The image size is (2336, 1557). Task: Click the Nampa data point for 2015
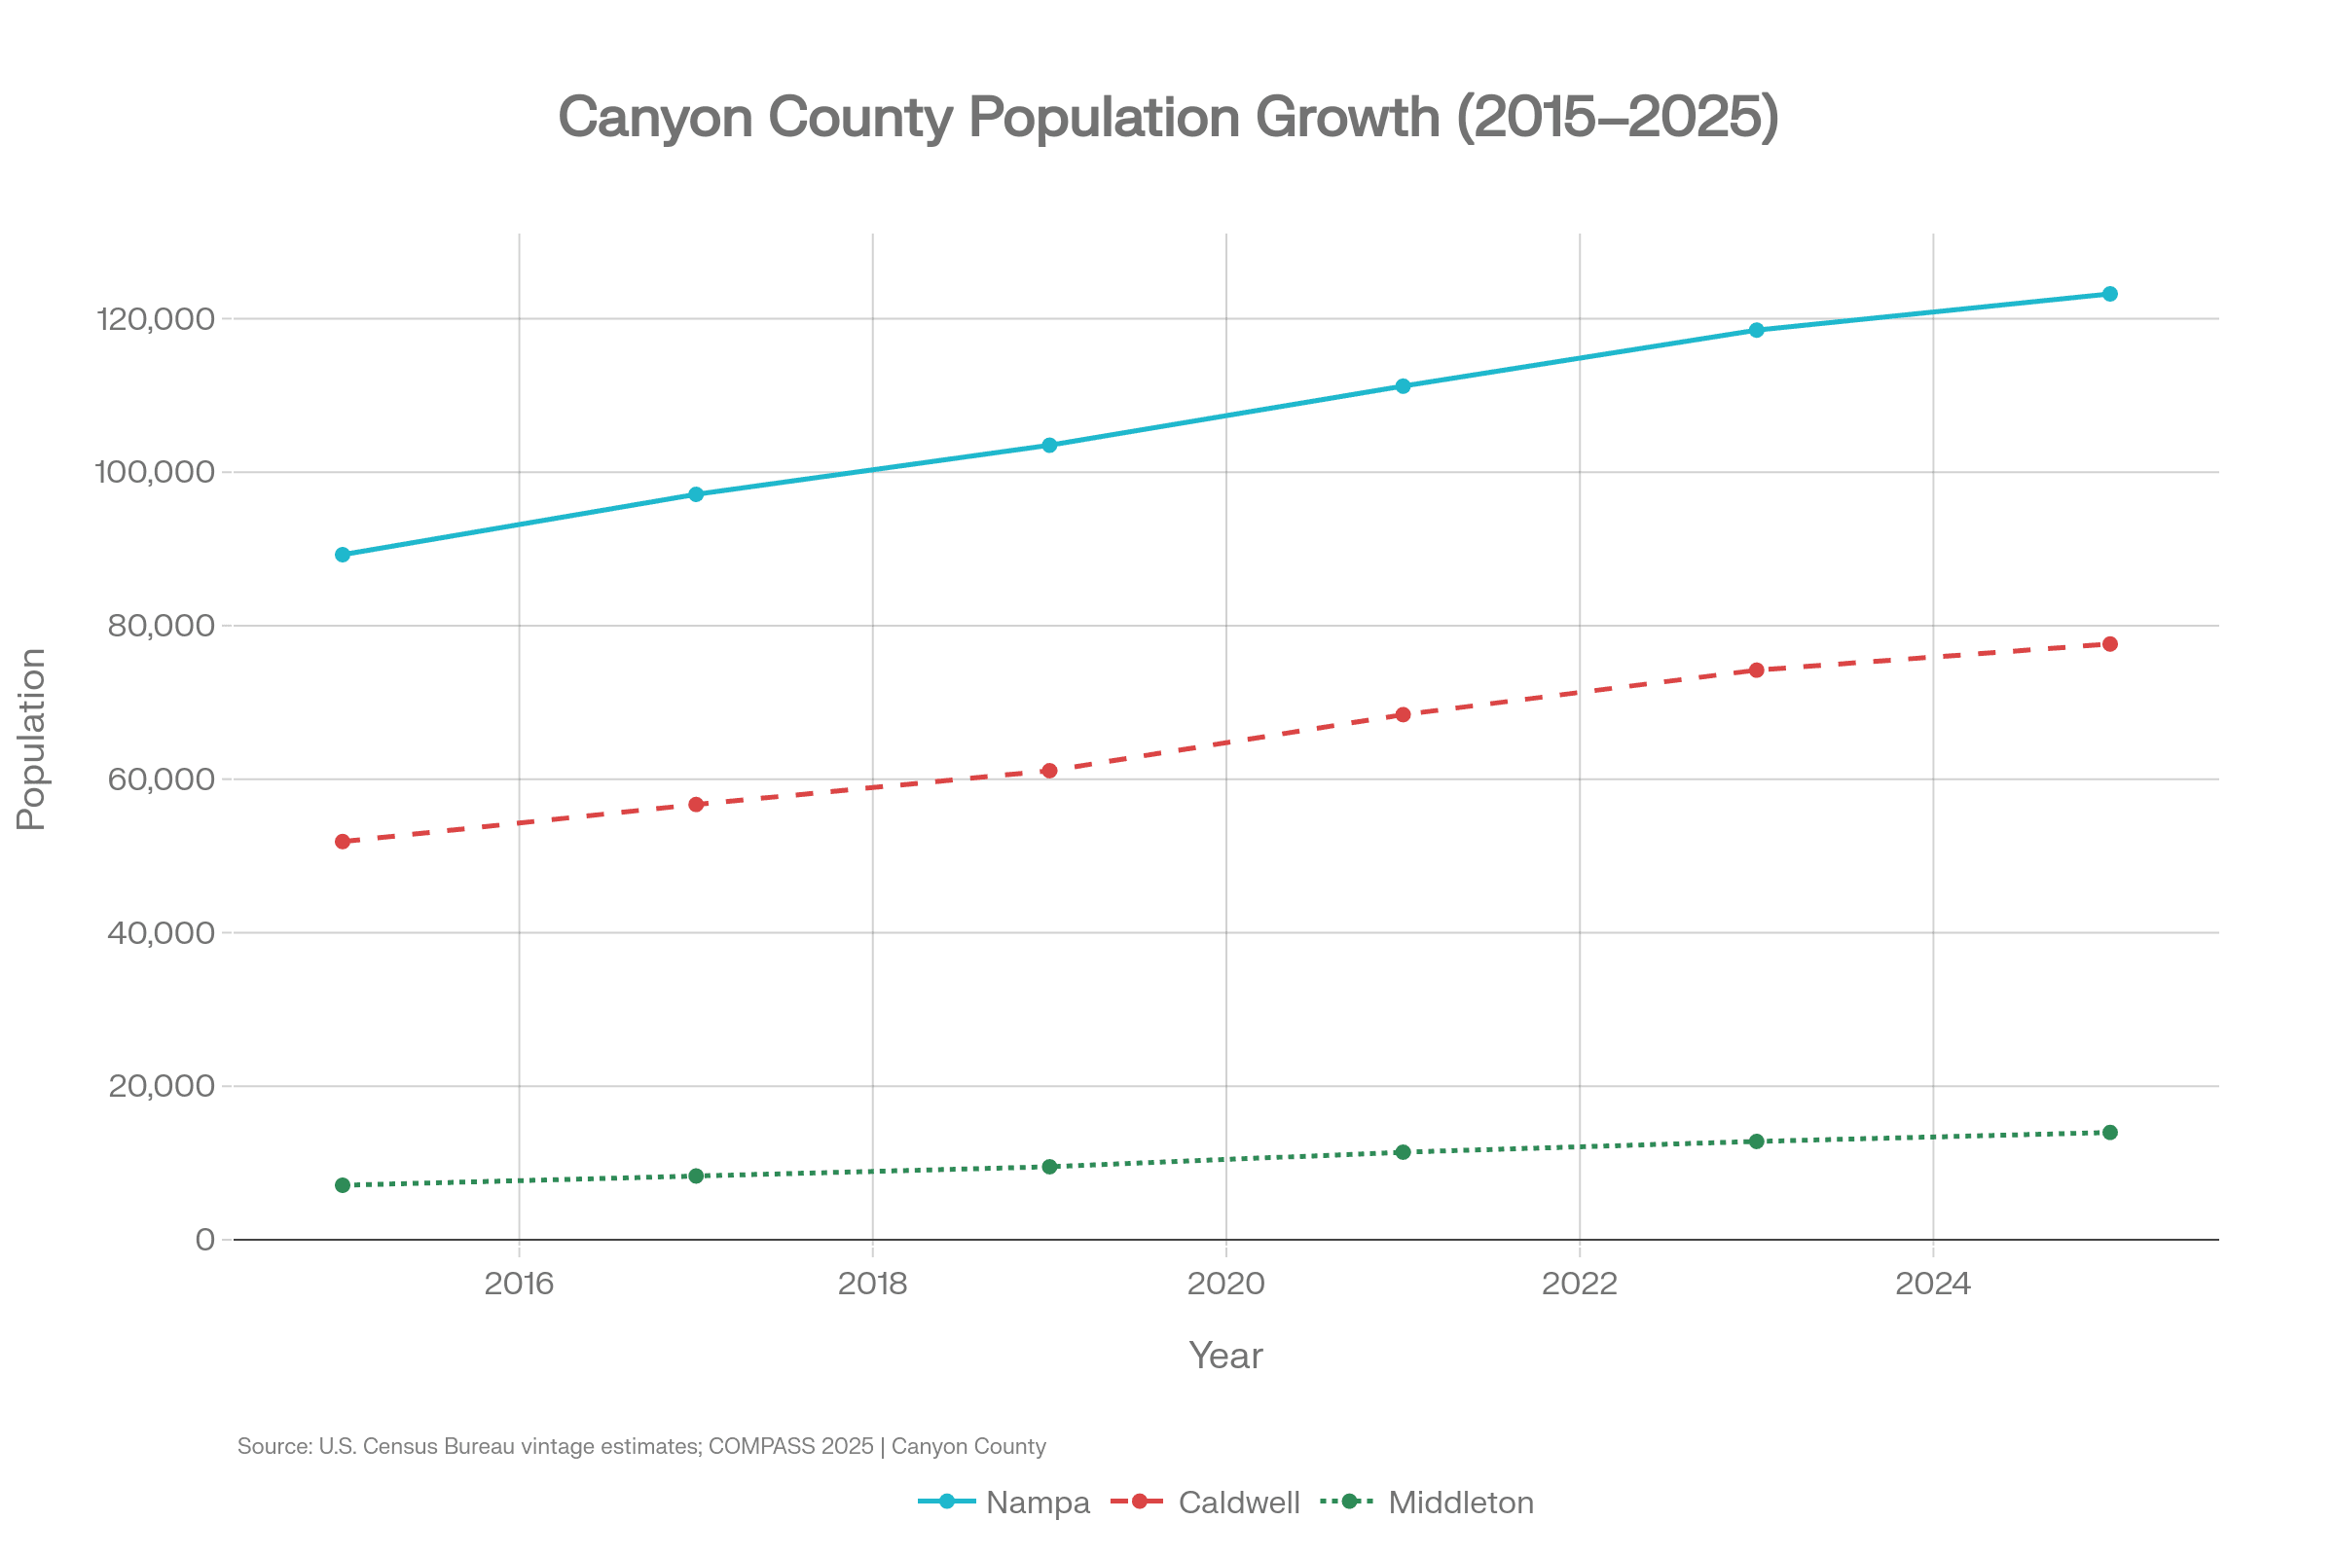click(x=343, y=554)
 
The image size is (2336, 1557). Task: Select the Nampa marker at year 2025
click(x=2109, y=294)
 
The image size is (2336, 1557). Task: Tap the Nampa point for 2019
click(x=1049, y=445)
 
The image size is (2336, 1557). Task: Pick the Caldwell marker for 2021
click(x=1403, y=714)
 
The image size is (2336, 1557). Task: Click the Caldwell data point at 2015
click(x=343, y=841)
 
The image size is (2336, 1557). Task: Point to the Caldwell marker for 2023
click(x=1756, y=670)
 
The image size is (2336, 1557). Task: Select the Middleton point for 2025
click(x=2109, y=1132)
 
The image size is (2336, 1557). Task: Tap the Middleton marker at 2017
click(x=696, y=1176)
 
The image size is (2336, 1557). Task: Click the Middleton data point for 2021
click(x=1403, y=1152)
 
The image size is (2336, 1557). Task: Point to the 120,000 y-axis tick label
click(x=155, y=319)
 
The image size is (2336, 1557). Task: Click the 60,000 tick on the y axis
click(x=161, y=778)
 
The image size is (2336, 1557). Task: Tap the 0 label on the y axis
click(x=204, y=1239)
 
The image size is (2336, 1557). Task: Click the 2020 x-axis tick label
click(x=1225, y=1284)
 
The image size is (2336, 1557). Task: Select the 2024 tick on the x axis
click(x=1933, y=1284)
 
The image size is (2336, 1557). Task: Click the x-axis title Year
click(x=1225, y=1356)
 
